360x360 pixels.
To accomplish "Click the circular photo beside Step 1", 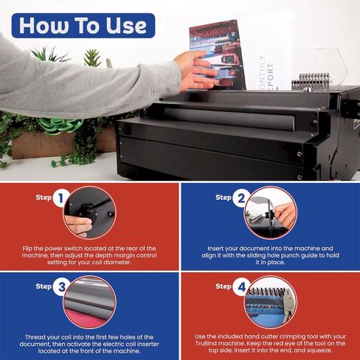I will [x=88, y=211].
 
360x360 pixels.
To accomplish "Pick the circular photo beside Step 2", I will [x=270, y=211].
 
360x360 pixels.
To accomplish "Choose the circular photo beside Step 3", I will [x=88, y=301].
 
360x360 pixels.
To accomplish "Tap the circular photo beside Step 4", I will [x=270, y=301].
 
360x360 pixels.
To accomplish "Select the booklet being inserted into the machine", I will [x=218, y=52].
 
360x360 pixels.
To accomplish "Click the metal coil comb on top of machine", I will [x=314, y=80].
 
